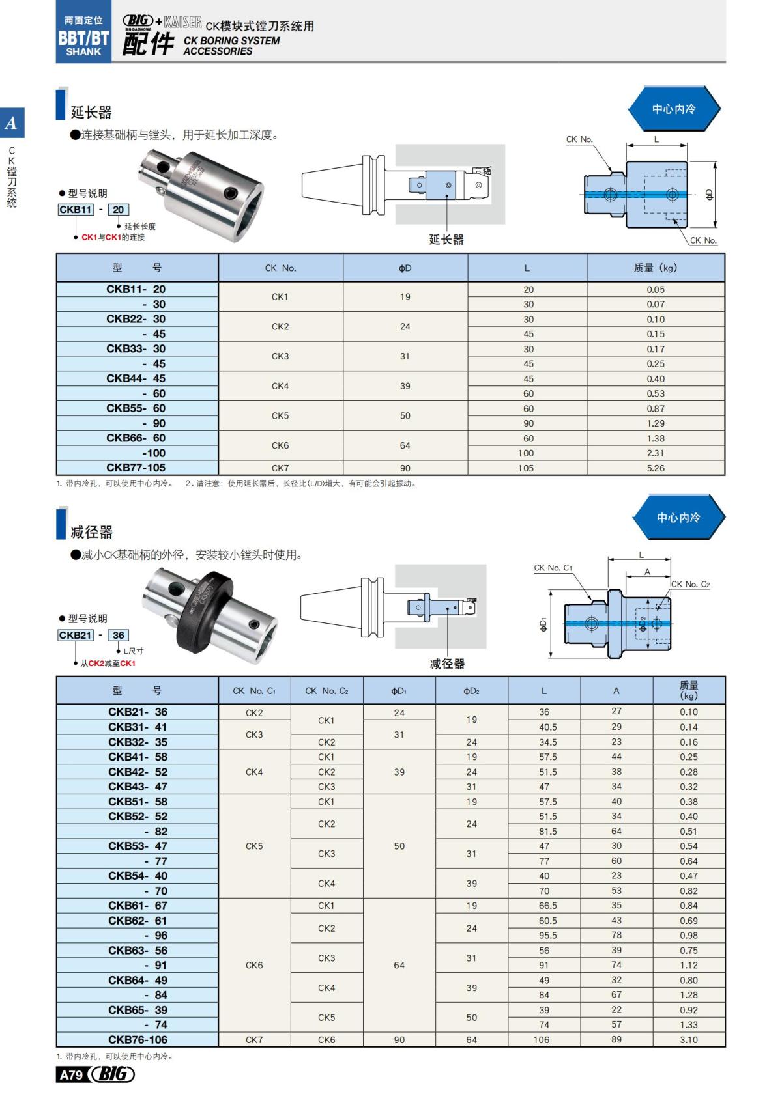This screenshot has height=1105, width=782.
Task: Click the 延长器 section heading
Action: (x=91, y=113)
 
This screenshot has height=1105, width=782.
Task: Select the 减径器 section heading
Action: (x=91, y=532)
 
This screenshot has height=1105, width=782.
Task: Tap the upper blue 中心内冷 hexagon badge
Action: (x=674, y=109)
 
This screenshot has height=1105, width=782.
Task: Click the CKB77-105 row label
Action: (x=136, y=468)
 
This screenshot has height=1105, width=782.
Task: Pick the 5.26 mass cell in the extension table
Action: (x=656, y=468)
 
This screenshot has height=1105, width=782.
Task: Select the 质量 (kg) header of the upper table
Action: (x=656, y=268)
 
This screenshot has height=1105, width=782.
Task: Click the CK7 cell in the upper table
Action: (x=280, y=468)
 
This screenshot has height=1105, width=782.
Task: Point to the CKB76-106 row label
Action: (x=138, y=1040)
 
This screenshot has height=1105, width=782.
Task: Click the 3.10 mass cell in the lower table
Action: (x=688, y=1040)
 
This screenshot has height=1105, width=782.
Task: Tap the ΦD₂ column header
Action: (x=471, y=691)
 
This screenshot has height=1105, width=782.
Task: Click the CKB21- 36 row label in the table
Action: (x=138, y=712)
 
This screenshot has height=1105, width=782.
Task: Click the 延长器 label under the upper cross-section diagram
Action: (x=446, y=240)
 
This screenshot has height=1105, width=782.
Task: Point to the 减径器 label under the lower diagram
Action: (x=447, y=664)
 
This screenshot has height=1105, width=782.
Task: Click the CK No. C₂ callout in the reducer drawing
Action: (x=690, y=584)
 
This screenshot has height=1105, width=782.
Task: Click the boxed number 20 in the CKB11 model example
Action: (x=118, y=210)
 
